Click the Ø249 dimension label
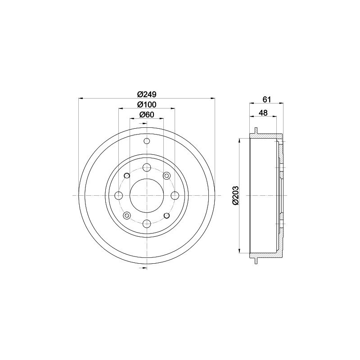click(x=147, y=94)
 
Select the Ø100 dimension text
click(x=147, y=105)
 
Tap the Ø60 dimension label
click(x=147, y=115)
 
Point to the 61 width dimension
click(x=267, y=99)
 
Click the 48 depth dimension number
click(x=263, y=113)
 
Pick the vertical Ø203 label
click(x=235, y=195)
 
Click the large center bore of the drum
click(x=147, y=196)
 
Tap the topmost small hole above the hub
click(x=147, y=141)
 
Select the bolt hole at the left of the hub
click(x=118, y=196)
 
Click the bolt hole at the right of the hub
click(x=175, y=196)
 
